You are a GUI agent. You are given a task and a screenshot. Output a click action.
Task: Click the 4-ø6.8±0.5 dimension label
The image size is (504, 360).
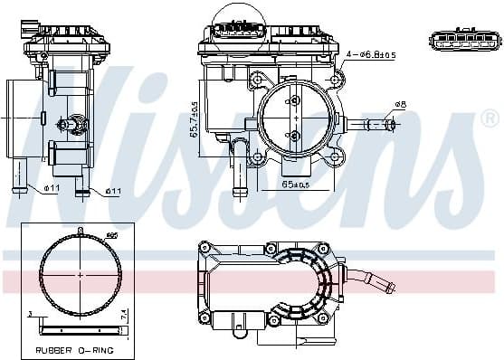pyautogui.click(x=371, y=54)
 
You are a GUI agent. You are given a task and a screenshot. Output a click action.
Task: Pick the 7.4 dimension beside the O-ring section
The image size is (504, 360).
pyautogui.click(x=125, y=315)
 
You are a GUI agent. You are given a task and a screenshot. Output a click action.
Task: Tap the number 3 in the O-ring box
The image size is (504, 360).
pyautogui.click(x=30, y=313)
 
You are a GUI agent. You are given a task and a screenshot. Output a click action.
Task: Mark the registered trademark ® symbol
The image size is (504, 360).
pyautogui.click(x=489, y=118)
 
